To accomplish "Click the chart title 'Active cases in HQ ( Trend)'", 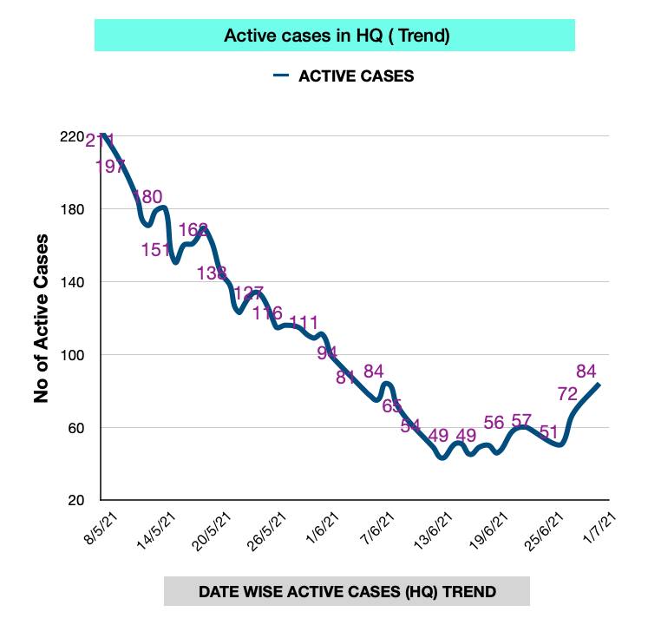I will pos(336,36).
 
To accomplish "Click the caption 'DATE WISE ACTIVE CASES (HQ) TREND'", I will pos(347,592).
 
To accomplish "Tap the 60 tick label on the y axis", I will pos(76,428).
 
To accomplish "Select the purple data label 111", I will pos(304,323).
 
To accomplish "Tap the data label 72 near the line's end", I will pos(568,393).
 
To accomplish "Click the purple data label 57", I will pos(521,421).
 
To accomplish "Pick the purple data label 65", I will pos(392,405).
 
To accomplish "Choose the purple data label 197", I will pos(111,167).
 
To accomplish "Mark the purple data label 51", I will pos(548,431).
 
